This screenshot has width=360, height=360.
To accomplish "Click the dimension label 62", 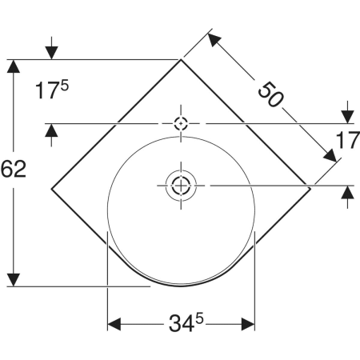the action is point(14,169).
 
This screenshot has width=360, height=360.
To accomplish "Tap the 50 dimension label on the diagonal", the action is point(270,94).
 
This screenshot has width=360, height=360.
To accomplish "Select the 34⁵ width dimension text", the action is point(186,322).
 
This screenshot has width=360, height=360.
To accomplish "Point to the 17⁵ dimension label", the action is point(52,90).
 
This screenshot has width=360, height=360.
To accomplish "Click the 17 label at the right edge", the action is point(348,140).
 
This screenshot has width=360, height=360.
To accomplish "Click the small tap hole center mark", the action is point(181,123).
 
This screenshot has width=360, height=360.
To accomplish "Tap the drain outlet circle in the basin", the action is point(181,186).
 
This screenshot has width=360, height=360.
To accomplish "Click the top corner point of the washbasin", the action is point(181,59).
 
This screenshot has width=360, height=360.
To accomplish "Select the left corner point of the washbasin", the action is point(52,189).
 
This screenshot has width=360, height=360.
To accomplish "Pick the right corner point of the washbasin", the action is point(310,189).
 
